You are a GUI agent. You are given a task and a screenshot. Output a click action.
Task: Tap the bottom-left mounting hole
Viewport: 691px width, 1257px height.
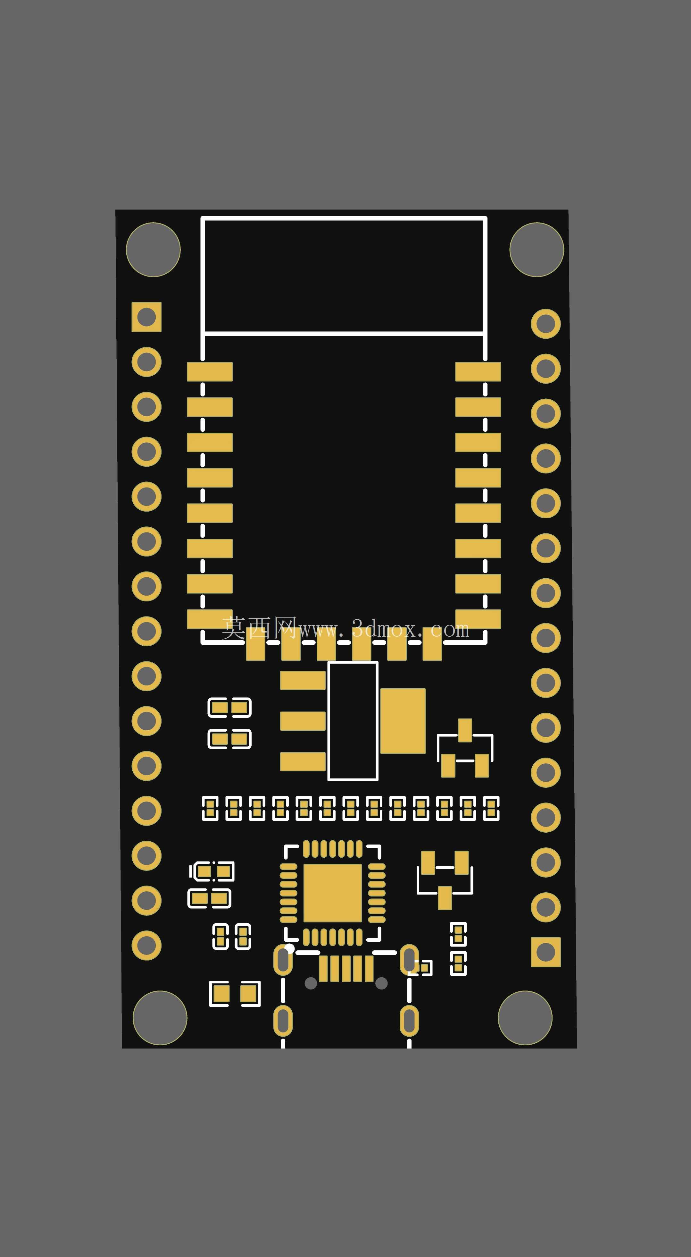pyautogui.click(x=160, y=1018)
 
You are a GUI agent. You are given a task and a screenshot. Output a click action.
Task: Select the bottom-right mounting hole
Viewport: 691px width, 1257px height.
pyautogui.click(x=525, y=1018)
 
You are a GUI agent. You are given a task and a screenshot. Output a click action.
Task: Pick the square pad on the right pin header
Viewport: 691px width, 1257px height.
pyautogui.click(x=546, y=952)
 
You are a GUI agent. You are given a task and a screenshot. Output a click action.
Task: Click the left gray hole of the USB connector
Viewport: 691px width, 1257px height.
pyautogui.click(x=311, y=983)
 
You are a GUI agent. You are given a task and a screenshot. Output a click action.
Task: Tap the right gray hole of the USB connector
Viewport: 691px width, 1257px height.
pyautogui.click(x=381, y=983)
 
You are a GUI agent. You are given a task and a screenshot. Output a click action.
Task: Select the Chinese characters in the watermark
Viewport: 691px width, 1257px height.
pyautogui.click(x=259, y=628)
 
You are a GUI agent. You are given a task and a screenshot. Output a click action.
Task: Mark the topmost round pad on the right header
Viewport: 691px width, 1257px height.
pyautogui.click(x=546, y=324)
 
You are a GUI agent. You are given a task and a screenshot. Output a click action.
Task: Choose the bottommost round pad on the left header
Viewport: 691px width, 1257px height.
pyautogui.click(x=146, y=945)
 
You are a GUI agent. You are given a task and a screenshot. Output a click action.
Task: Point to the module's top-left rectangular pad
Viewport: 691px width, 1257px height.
pyautogui.click(x=210, y=372)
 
